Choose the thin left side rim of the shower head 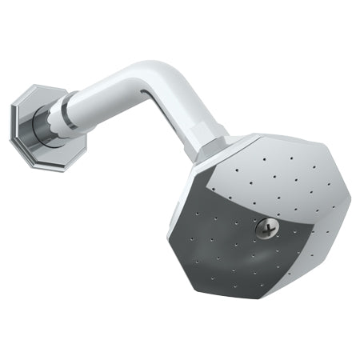point(176,216)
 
